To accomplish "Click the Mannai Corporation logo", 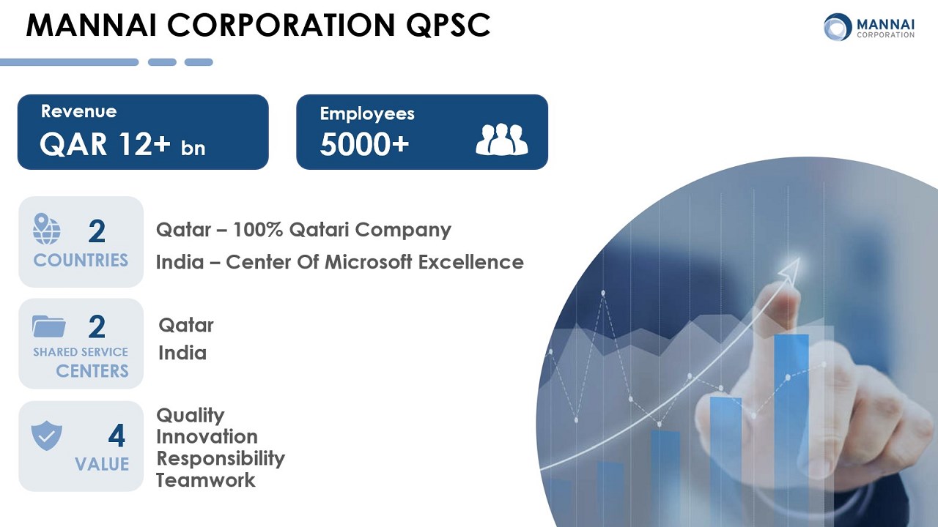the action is (868, 27).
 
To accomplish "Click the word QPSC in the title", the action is (448, 25).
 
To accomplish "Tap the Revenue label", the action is (78, 111).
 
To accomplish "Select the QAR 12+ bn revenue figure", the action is (122, 144).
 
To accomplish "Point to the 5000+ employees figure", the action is (364, 144).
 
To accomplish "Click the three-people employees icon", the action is (502, 139).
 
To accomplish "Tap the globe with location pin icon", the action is (46, 229).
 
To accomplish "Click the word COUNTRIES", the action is (81, 260).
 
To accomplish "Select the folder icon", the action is (49, 326).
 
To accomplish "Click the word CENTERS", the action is (92, 371).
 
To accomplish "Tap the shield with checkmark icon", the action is (46, 436).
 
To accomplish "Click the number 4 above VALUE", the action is (117, 436).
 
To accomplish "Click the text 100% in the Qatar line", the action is (257, 230).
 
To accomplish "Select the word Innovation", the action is (207, 437).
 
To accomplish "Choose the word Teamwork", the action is (206, 480).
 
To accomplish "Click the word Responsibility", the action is (221, 458).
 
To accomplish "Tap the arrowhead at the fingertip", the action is (789, 270).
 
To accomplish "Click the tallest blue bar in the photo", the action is (791, 418).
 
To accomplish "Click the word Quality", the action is (191, 416).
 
